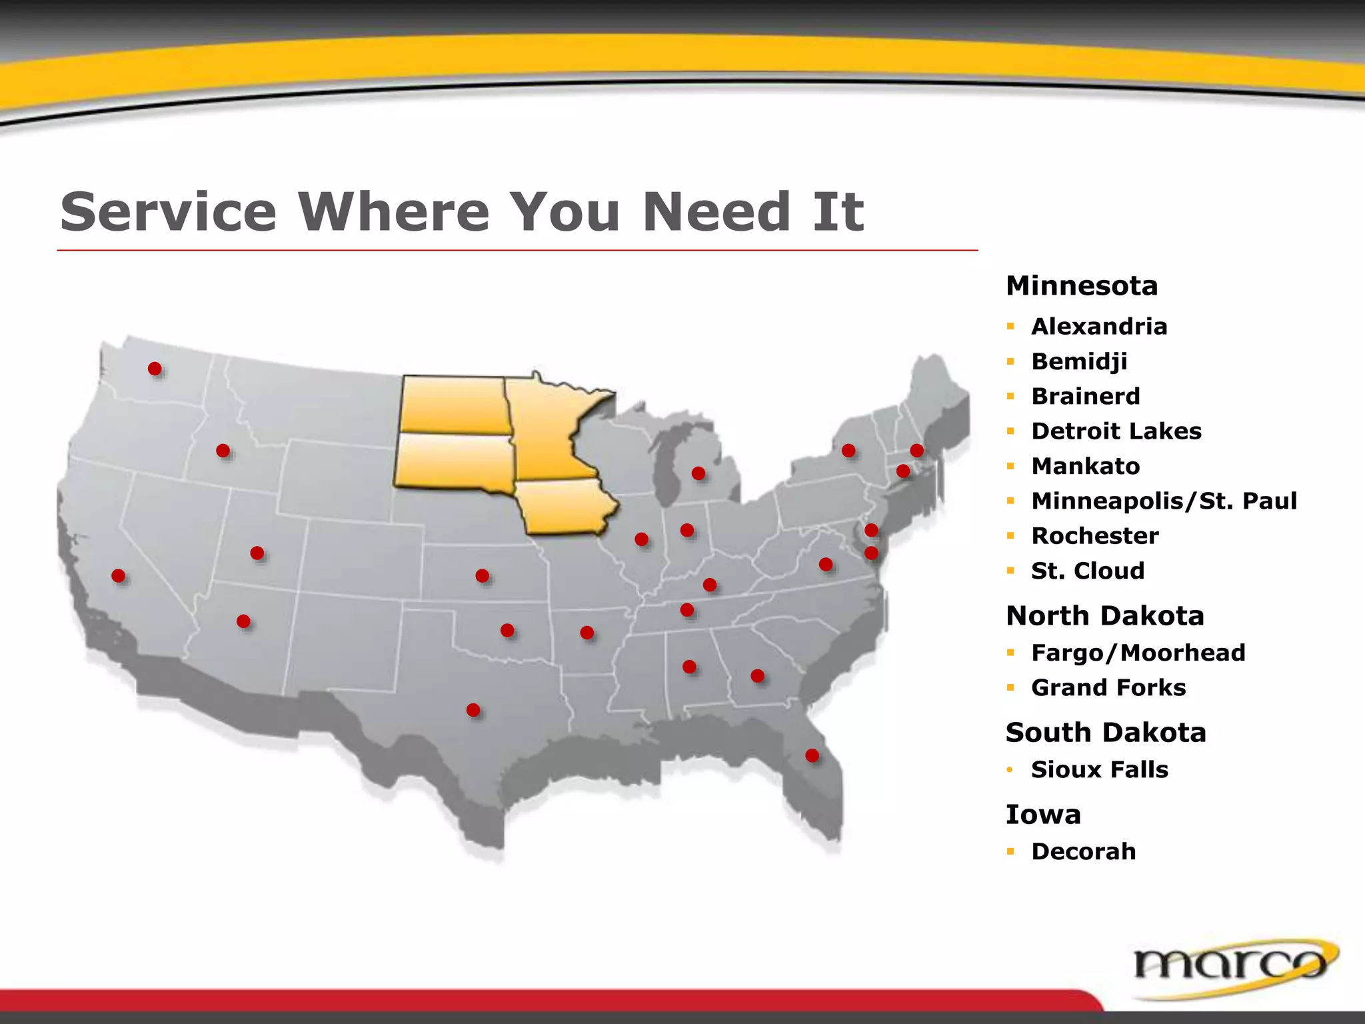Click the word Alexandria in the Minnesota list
click(1099, 327)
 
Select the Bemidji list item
click(1079, 361)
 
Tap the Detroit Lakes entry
click(1116, 431)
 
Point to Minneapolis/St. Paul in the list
click(1164, 501)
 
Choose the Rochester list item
click(1095, 536)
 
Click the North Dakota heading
click(1105, 616)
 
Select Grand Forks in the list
click(1108, 687)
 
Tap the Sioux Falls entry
click(1100, 770)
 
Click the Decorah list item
click(1084, 852)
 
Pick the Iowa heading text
click(1043, 815)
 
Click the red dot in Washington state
click(155, 369)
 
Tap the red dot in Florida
click(812, 755)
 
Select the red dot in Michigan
click(698, 473)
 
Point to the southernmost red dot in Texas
click(473, 710)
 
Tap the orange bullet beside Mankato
click(1011, 466)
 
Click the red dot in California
click(119, 575)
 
